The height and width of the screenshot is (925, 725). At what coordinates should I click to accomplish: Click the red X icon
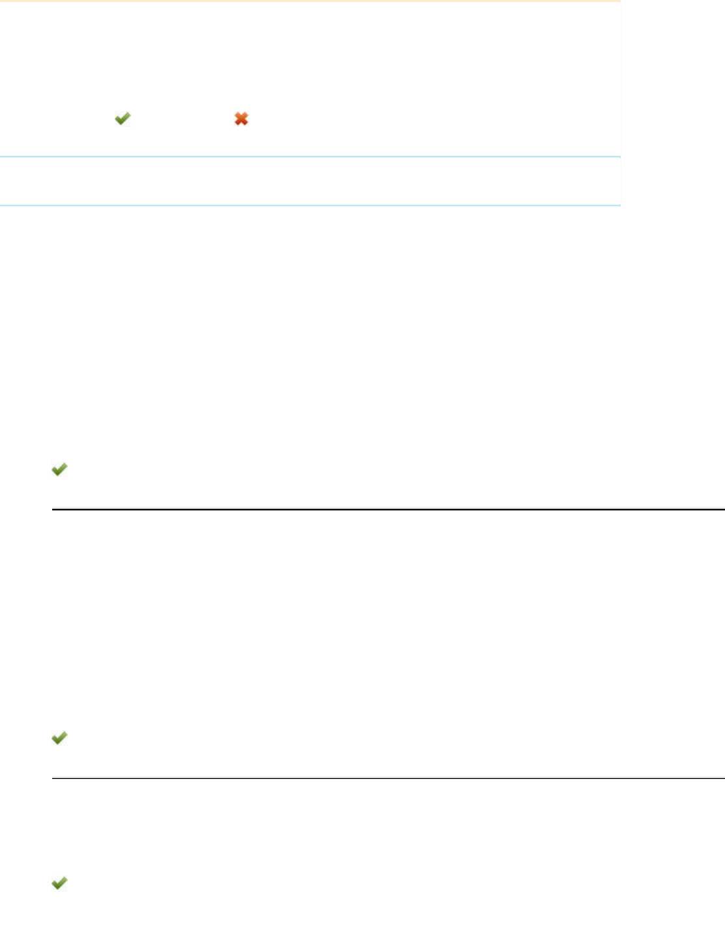pyautogui.click(x=241, y=119)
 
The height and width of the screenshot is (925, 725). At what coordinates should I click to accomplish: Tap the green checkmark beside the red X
pyautogui.click(x=123, y=118)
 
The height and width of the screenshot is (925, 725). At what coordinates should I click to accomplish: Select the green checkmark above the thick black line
pyautogui.click(x=59, y=469)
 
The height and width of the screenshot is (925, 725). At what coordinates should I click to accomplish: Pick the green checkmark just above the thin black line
pyautogui.click(x=59, y=737)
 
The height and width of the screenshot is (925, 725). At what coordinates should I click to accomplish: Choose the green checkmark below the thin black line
pyautogui.click(x=59, y=883)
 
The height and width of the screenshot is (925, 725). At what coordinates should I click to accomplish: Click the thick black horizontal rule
pyautogui.click(x=388, y=509)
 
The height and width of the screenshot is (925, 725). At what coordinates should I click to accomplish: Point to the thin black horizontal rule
pyautogui.click(x=388, y=778)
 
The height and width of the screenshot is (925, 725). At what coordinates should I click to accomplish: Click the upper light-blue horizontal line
pyautogui.click(x=310, y=156)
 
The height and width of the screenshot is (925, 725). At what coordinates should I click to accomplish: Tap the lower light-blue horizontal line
pyautogui.click(x=310, y=205)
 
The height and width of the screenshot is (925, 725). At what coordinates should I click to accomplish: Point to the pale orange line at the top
pyautogui.click(x=310, y=1)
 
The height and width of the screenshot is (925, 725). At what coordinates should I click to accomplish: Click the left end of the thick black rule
pyautogui.click(x=53, y=509)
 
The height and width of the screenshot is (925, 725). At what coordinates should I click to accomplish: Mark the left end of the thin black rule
pyautogui.click(x=53, y=778)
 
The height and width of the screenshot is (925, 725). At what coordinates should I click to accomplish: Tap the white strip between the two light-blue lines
pyautogui.click(x=310, y=181)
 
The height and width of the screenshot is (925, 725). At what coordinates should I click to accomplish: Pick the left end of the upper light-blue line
pyautogui.click(x=2, y=156)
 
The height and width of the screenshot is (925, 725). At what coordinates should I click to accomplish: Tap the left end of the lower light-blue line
pyautogui.click(x=2, y=205)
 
